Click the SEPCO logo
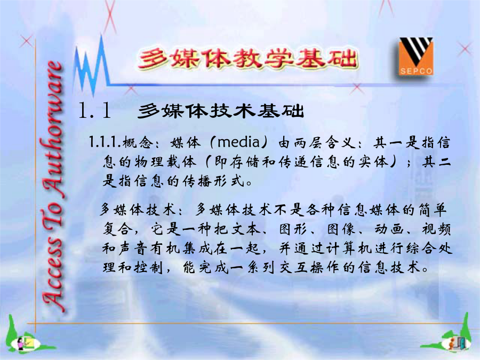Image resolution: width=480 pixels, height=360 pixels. pyautogui.click(x=415, y=57)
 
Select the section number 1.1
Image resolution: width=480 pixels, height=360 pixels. pyautogui.click(x=94, y=110)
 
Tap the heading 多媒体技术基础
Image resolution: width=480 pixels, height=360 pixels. pyautogui.click(x=221, y=111)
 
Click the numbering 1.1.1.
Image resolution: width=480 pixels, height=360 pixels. pyautogui.click(x=105, y=142)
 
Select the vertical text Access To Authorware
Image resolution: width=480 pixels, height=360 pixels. pyautogui.click(x=52, y=186)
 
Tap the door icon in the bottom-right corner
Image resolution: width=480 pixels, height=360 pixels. pyautogui.click(x=457, y=343)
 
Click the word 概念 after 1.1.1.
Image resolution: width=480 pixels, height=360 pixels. pyautogui.click(x=137, y=142)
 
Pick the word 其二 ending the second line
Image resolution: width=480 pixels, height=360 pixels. pyautogui.click(x=436, y=162)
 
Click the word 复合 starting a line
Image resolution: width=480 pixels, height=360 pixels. pyautogui.click(x=117, y=229)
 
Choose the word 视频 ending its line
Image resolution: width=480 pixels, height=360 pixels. pyautogui.click(x=436, y=229)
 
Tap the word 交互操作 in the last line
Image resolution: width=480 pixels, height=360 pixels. pyautogui.click(x=310, y=268)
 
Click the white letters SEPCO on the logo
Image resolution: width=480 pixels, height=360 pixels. pyautogui.click(x=416, y=71)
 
